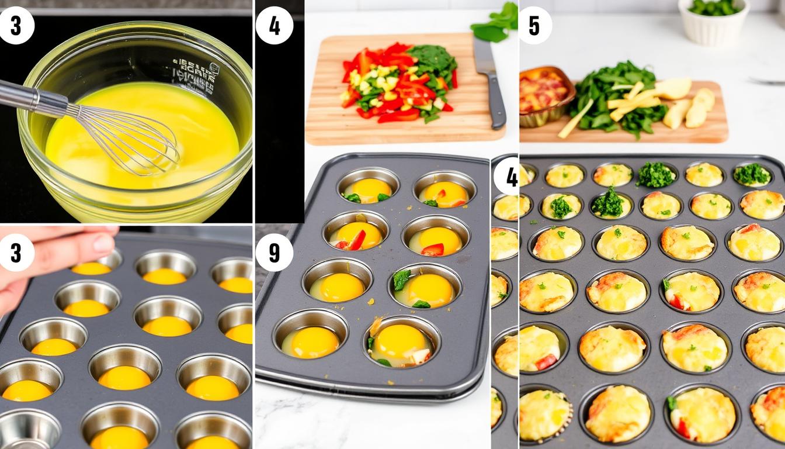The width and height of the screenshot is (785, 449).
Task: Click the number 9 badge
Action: point(274,253)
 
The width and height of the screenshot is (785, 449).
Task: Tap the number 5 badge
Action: point(534,25)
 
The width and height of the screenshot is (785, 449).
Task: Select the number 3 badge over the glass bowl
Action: point(16,25)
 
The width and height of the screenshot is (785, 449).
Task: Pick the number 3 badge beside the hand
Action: point(16,253)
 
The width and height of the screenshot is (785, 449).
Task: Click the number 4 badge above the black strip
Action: point(274,25)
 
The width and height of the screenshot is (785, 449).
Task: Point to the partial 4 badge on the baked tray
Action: point(507,177)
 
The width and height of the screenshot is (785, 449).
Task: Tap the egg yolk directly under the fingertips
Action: point(91,268)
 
